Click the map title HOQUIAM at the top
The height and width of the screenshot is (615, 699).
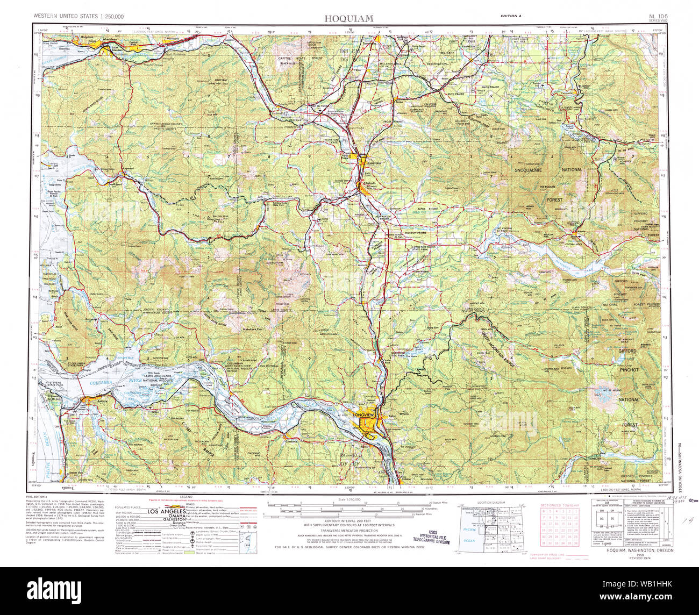348,18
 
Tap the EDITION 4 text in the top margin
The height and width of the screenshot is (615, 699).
510,16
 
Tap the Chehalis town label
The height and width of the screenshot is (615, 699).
369,183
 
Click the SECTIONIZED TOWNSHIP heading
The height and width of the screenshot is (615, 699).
560,505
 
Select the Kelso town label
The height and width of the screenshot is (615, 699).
392,417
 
